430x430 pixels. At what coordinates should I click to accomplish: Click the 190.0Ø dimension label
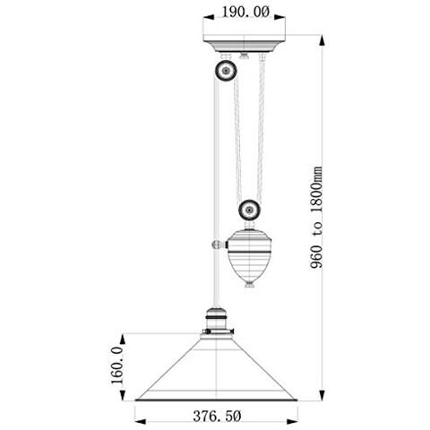pos(245,12)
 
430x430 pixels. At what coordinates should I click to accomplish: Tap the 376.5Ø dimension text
pos(217,416)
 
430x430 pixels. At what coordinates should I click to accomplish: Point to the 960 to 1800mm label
pos(316,218)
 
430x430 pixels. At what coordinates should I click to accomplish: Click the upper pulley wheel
pos(226,71)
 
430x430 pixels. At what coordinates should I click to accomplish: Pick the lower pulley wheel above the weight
pos(249,210)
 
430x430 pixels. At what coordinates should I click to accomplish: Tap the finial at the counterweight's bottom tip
pos(250,284)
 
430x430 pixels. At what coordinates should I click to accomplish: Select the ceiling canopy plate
pos(245,44)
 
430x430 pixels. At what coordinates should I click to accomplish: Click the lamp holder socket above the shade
pos(217,321)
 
